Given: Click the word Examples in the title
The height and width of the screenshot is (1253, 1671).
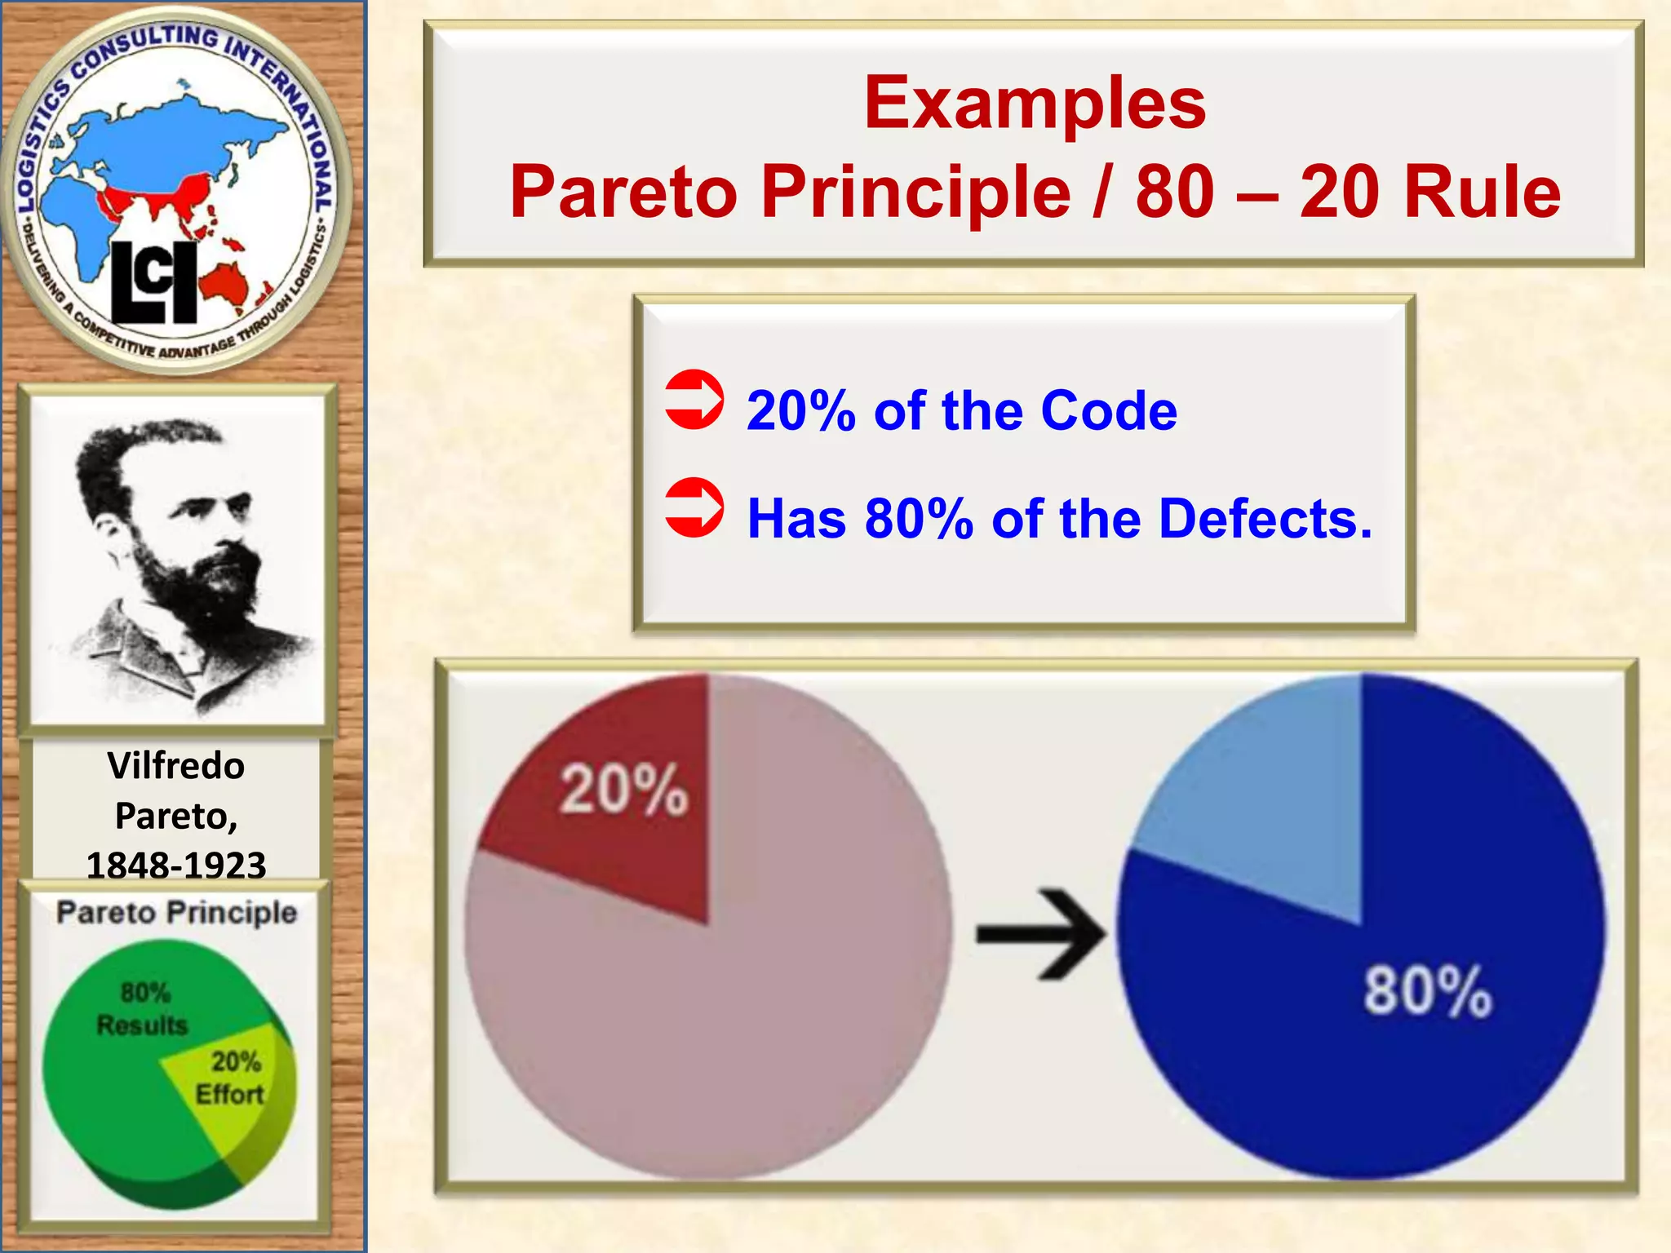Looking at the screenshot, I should point(1035,104).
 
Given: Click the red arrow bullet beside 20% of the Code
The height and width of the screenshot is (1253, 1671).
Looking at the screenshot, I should point(694,400).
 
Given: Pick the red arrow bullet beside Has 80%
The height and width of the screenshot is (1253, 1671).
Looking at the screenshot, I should point(694,507).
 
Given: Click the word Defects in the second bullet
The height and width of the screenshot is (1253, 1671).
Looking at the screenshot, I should point(1264,519).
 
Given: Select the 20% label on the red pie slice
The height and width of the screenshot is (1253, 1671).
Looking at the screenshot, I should point(624,790).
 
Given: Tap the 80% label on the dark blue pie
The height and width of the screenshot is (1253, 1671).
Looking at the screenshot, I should point(1427,991).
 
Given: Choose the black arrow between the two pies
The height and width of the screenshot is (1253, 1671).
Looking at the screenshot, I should point(1040,933).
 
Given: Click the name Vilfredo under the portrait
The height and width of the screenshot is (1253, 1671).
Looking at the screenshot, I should point(175,766).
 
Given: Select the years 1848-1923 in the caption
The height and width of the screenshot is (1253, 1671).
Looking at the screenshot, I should point(175,866).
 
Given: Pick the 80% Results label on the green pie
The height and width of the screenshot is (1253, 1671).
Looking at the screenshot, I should point(143,1008).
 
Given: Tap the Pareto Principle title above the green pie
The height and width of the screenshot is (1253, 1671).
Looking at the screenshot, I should point(176,912).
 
